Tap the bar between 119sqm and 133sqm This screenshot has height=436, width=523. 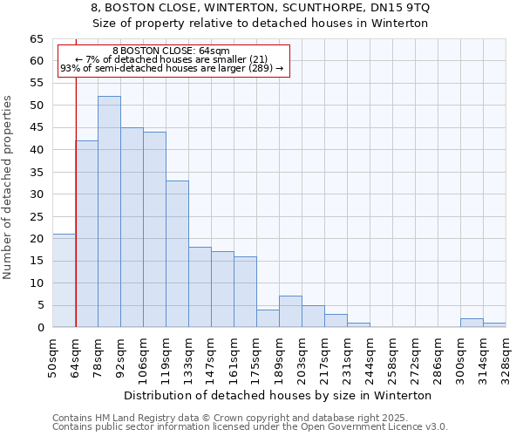click(x=177, y=254)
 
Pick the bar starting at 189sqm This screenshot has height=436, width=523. click(x=290, y=312)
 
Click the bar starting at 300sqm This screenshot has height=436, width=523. click(x=472, y=323)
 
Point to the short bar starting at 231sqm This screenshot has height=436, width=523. click(x=358, y=324)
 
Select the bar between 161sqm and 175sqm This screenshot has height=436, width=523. click(x=245, y=292)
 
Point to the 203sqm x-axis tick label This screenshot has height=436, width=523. click(x=302, y=357)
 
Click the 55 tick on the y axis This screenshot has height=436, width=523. click(x=37, y=83)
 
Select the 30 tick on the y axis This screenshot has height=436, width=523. click(x=37, y=194)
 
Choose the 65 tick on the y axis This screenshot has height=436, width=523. click(x=37, y=39)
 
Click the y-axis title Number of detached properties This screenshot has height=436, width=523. click(x=9, y=188)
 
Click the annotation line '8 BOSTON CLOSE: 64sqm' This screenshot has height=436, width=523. click(x=171, y=51)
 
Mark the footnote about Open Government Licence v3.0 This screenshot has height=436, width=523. click(x=249, y=427)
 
